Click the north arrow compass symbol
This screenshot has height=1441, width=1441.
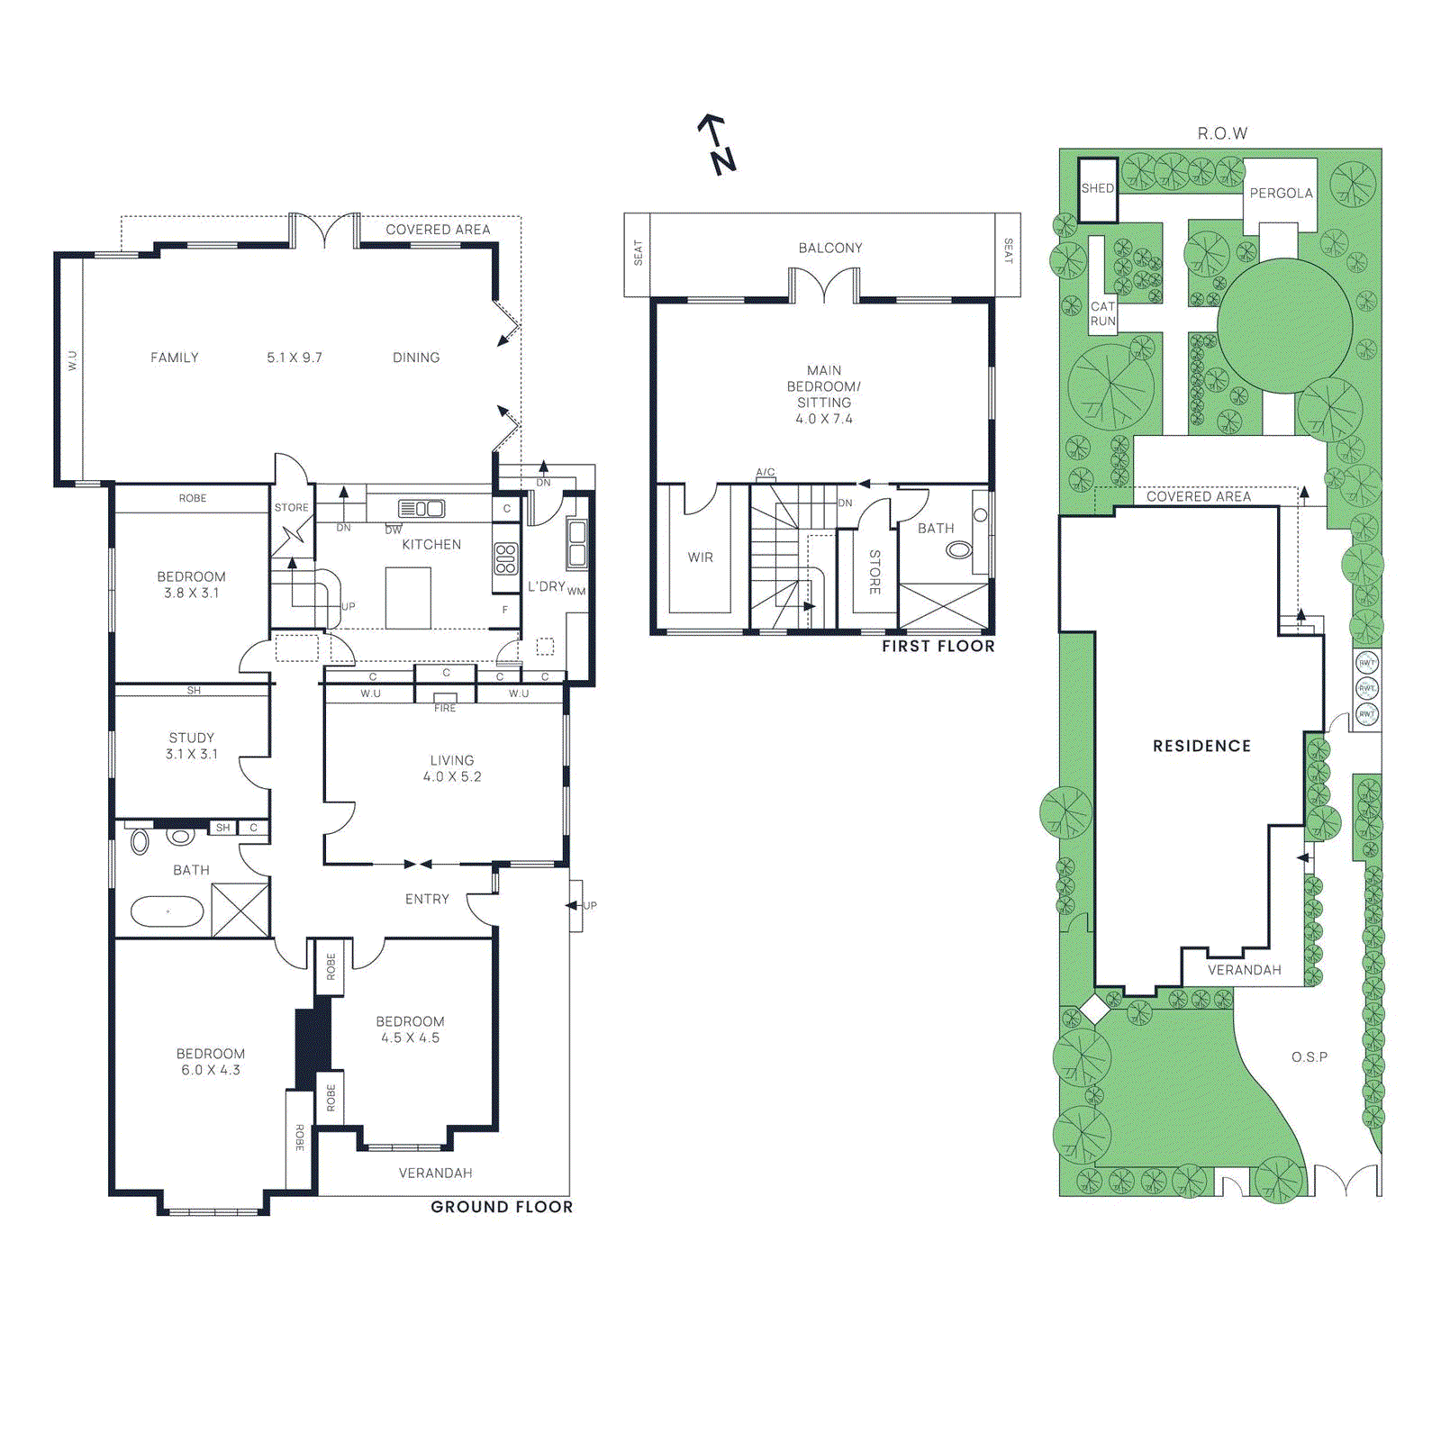click(x=718, y=144)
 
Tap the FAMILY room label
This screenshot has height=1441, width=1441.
click(x=175, y=358)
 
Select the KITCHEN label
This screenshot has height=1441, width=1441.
click(x=431, y=545)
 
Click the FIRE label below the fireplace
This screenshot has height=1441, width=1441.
click(x=445, y=708)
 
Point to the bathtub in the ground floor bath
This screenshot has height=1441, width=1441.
click(x=168, y=911)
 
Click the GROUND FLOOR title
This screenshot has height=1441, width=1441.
click(x=502, y=1207)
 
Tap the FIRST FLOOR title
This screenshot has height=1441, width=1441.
click(x=938, y=646)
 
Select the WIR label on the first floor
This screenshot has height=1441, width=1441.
click(x=701, y=557)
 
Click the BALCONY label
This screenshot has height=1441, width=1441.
click(x=830, y=248)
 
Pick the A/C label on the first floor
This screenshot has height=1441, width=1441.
click(x=766, y=472)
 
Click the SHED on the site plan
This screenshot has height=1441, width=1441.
click(x=1098, y=189)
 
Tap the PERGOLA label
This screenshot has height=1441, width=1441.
click(x=1281, y=194)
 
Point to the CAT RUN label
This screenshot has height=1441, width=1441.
click(x=1103, y=313)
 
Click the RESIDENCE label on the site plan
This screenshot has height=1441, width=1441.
click(x=1202, y=746)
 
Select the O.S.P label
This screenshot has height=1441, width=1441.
click(x=1310, y=1056)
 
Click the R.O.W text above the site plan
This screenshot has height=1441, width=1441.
click(x=1222, y=133)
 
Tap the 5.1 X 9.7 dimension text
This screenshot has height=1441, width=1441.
click(x=295, y=358)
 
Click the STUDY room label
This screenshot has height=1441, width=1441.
click(x=192, y=738)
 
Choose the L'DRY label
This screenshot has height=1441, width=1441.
click(x=547, y=586)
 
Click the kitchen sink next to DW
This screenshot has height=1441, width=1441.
click(x=421, y=509)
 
